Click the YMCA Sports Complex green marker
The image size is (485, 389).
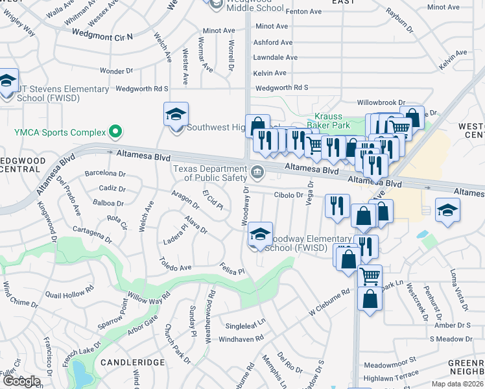[116, 132]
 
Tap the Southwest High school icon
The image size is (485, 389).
[176, 115]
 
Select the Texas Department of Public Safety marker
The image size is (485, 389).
[257, 172]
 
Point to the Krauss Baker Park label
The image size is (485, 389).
[328, 120]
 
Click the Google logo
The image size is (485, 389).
[21, 381]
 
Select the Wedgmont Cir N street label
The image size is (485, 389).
[102, 35]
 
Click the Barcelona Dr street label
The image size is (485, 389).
[105, 173]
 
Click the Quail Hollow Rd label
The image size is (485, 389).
[65, 294]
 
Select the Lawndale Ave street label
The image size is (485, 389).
[276, 58]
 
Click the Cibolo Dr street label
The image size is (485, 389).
[289, 194]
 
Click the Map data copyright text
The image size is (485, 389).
[458, 384]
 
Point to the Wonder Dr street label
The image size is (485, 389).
[116, 71]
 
